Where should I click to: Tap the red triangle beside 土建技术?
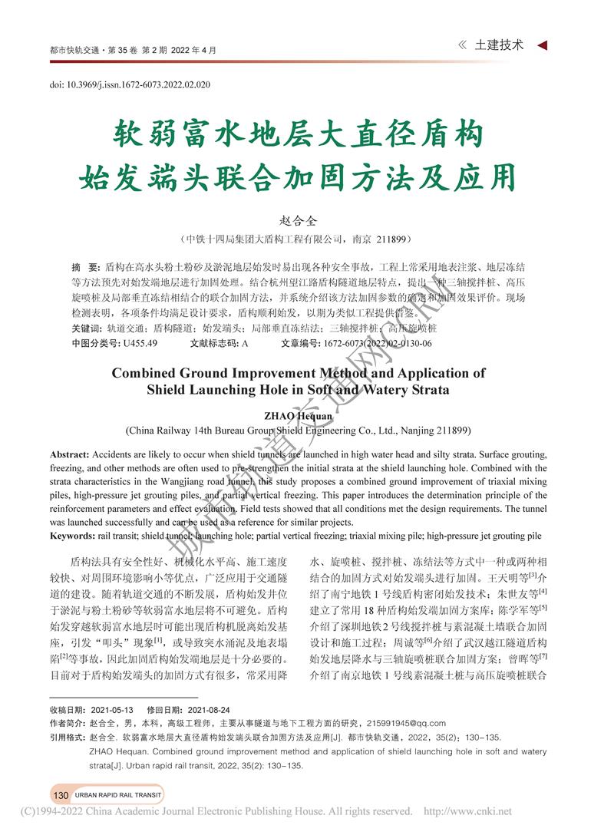(x=543, y=45)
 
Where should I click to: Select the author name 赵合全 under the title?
(x=306, y=220)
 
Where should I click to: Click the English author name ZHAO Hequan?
(x=306, y=415)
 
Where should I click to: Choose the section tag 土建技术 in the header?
(x=500, y=45)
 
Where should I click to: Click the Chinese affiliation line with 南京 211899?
(x=306, y=239)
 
